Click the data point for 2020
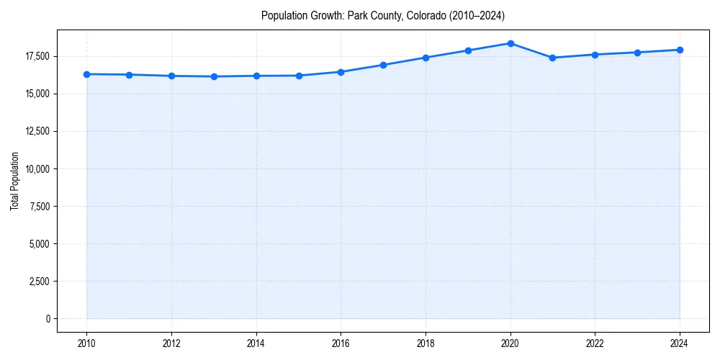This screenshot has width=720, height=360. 510,43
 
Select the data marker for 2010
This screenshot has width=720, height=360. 86,74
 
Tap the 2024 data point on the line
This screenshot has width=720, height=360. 680,50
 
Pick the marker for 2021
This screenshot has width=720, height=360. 552,58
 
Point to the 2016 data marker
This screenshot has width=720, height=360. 341,72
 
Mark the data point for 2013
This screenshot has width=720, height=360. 214,76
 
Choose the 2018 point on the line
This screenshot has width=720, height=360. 426,58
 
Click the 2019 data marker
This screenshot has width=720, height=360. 468,50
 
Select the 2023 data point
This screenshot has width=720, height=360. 637,53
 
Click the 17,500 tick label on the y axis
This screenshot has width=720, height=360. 36,56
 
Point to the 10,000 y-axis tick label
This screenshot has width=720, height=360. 36,168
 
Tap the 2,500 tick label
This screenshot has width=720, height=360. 38,281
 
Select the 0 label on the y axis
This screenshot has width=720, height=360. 48,318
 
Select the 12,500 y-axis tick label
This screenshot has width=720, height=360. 36,131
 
